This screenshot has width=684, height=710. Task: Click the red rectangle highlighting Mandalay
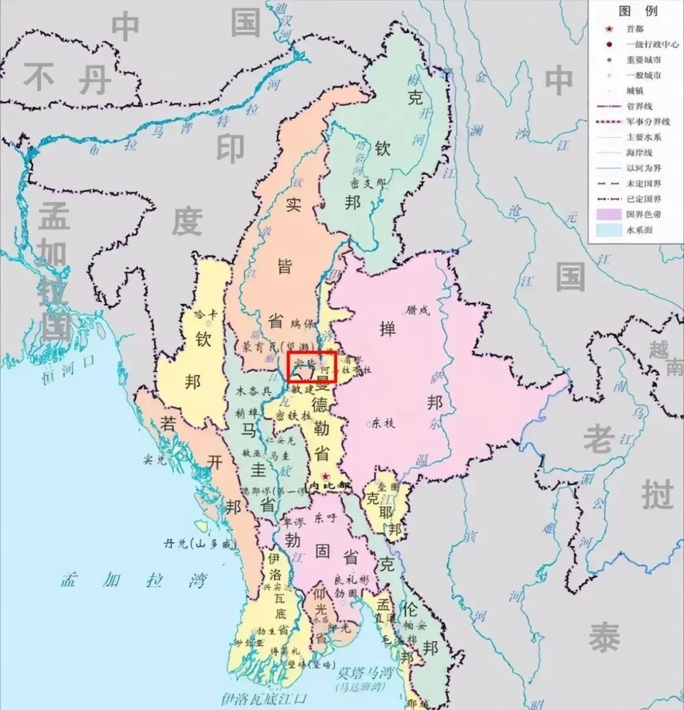311,366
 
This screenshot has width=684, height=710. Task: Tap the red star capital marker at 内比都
325,476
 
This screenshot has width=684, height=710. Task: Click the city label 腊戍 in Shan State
419,310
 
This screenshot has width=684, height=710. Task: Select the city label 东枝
383,422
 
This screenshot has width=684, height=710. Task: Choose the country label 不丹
67,80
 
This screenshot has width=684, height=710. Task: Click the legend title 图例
638,11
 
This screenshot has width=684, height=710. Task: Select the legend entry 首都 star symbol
609,29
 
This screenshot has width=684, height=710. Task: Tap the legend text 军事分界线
647,122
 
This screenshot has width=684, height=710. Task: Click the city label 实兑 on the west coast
155,460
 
